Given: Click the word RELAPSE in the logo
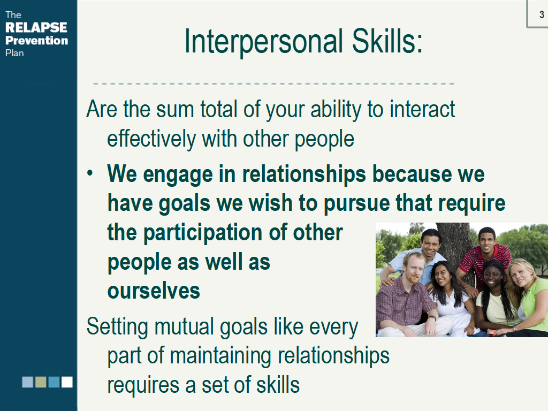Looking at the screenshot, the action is tap(36, 27).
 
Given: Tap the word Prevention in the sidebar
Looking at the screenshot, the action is tap(37, 41).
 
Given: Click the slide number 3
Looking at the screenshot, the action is tap(542, 14).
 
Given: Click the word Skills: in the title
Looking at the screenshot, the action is tap(387, 41).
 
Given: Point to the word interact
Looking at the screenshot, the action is tap(423, 109).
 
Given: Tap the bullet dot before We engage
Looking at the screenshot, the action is tap(90, 173).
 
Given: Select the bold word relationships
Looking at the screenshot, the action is tap(304, 174).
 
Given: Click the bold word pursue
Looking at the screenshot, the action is tap(357, 203).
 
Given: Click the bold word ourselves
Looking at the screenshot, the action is tap(154, 291).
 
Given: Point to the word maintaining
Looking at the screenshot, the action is tap(221, 356).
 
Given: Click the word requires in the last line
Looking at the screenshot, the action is tap(143, 386).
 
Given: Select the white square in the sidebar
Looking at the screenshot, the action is tap(67, 382).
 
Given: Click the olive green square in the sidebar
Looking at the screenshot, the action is tap(41, 382).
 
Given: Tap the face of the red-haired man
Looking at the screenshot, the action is tap(414, 268).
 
